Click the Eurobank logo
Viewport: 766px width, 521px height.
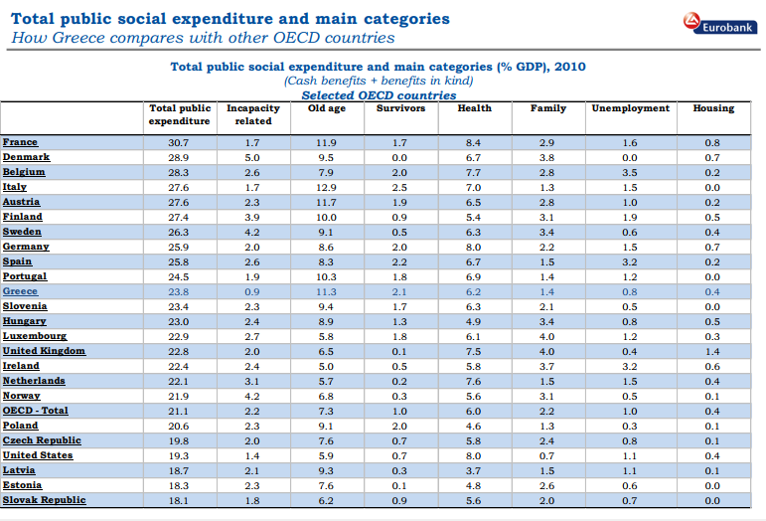(x=720, y=24)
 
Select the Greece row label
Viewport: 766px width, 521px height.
(x=20, y=291)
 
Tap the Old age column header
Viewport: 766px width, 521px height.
(x=326, y=108)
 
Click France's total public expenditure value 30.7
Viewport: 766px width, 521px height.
(x=178, y=143)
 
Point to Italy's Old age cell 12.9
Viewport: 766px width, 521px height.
(x=326, y=188)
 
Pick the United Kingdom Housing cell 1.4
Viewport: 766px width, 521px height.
(x=712, y=351)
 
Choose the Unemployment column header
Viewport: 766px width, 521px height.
(x=631, y=108)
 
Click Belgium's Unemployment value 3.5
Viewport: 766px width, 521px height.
(x=630, y=173)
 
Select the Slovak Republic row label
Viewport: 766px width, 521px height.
(x=44, y=500)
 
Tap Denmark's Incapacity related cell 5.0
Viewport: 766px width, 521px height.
(x=252, y=158)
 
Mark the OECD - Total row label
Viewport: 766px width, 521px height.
(x=35, y=411)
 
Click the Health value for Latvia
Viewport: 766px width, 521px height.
(x=473, y=470)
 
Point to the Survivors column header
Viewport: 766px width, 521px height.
(x=400, y=108)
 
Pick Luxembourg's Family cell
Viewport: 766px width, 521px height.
(x=546, y=337)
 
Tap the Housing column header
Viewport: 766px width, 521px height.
(x=713, y=108)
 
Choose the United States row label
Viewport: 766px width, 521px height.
(x=38, y=455)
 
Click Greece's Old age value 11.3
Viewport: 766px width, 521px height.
(x=326, y=291)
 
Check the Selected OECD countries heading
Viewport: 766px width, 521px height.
(x=380, y=95)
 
